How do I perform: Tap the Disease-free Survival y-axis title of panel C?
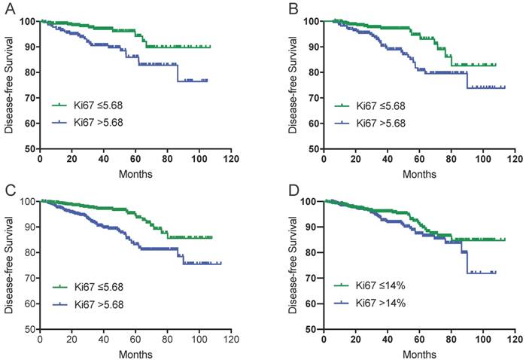pyautogui.click(x=8, y=264)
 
